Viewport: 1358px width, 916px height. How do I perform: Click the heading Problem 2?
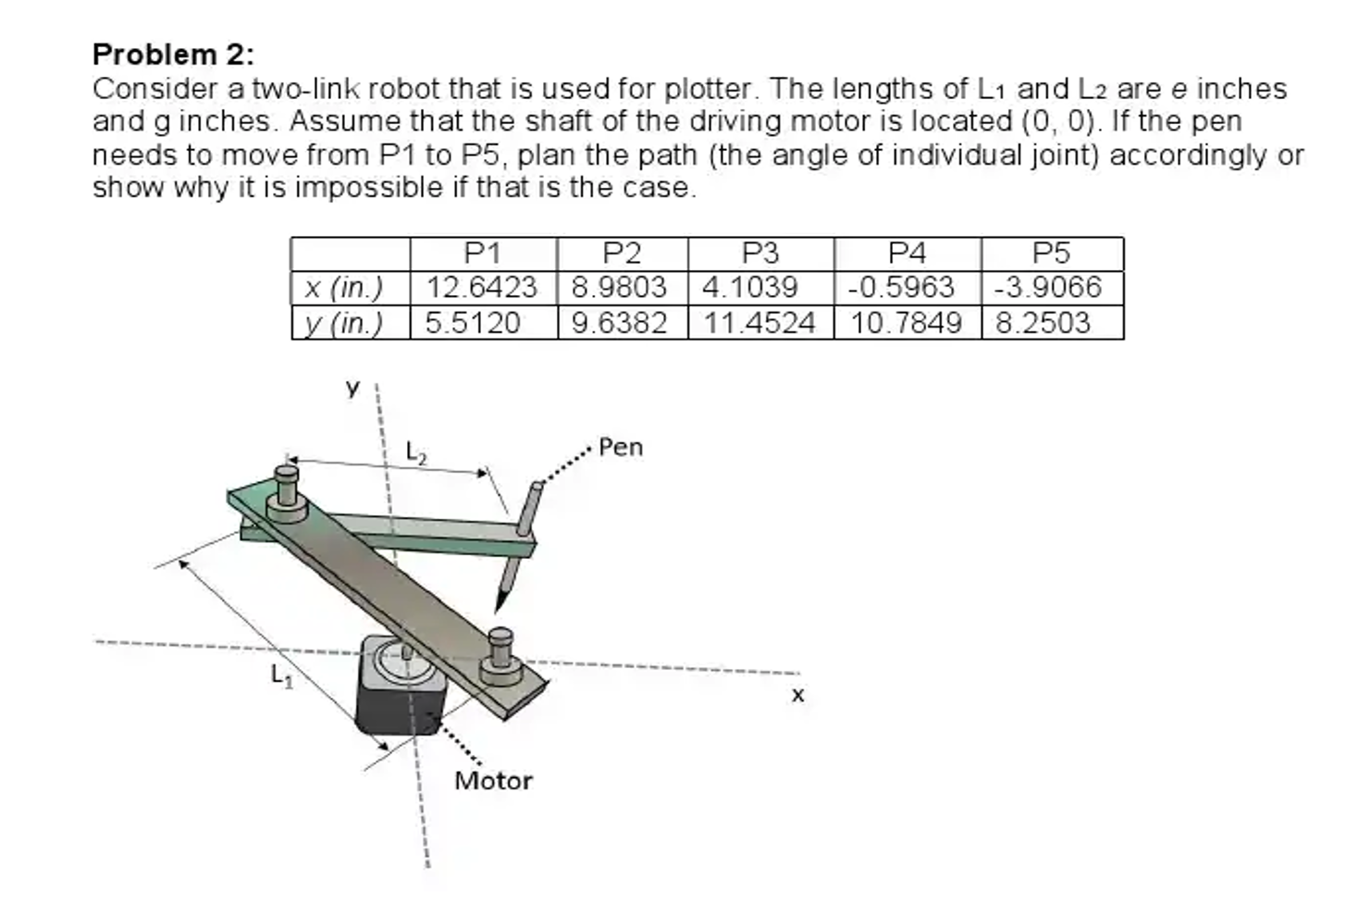173,55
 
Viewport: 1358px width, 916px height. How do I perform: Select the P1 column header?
482,253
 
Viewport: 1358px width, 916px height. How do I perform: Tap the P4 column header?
907,253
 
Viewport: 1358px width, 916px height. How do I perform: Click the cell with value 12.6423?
482,288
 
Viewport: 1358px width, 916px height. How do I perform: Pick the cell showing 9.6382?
619,323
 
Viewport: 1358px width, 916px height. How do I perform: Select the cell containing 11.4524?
759,323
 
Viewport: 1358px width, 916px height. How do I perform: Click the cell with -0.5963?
902,288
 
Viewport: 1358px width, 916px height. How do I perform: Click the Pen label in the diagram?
621,448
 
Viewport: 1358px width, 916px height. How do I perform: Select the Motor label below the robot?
493,781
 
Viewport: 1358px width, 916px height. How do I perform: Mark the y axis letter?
352,388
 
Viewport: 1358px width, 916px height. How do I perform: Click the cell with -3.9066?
1048,288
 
